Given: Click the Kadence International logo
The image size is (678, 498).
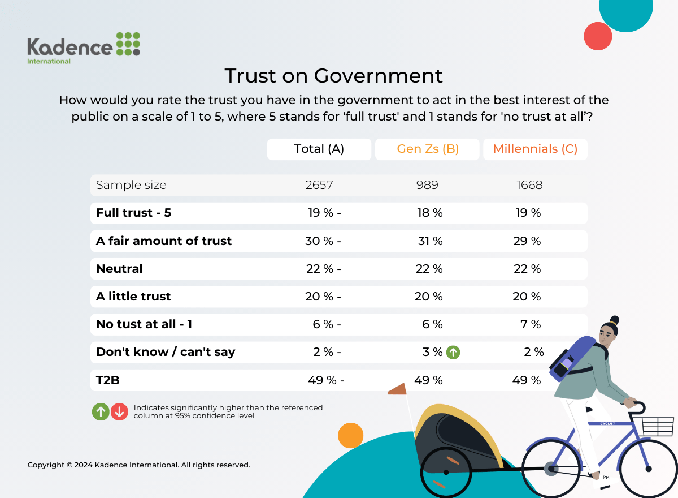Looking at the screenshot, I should tap(83, 47).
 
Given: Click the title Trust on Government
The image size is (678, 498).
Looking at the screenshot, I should tap(333, 76).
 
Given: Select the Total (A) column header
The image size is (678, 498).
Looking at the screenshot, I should tap(319, 149).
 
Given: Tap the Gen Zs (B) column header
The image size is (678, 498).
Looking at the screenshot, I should tap(427, 149).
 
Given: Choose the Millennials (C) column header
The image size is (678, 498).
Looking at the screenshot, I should tap(534, 149).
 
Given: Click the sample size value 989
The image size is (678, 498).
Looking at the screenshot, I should tap(427, 185).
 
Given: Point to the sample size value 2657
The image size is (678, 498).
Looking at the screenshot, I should tap(319, 185).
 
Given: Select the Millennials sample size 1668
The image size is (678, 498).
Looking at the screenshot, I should tap(529, 185).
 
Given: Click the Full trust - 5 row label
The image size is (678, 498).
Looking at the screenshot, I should tap(133, 213).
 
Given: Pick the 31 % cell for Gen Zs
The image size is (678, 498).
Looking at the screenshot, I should tap(429, 241).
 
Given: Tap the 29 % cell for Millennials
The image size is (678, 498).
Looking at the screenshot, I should tap(527, 241).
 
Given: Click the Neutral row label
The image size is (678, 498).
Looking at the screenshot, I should tap(119, 269).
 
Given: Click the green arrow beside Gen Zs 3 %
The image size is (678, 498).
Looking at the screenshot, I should tap(453, 352).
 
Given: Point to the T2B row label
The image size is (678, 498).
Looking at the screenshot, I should tap(108, 380).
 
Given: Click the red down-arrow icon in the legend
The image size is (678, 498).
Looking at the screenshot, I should tap(119, 411).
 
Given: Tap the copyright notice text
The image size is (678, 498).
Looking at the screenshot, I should tap(138, 465).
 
